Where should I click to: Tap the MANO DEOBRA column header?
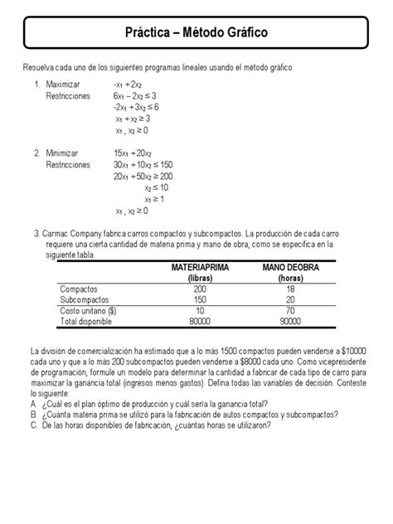coord(291,269)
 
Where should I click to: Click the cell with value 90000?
coord(291,321)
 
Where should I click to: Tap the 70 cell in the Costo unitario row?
coord(291,310)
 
